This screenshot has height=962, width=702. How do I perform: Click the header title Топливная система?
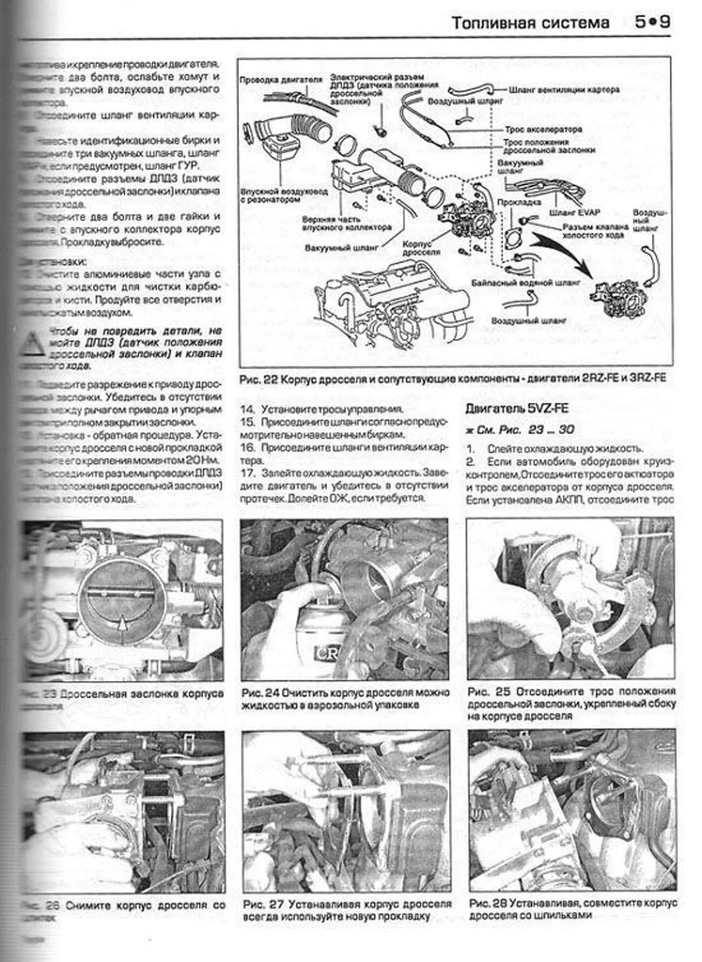pyautogui.click(x=530, y=23)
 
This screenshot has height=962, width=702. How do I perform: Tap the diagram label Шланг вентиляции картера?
pyautogui.click(x=564, y=90)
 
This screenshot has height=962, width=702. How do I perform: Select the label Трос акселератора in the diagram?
pyautogui.click(x=543, y=130)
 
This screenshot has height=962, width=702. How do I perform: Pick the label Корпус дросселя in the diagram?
pyautogui.click(x=422, y=248)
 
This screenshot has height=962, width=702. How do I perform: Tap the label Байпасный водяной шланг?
pyautogui.click(x=525, y=282)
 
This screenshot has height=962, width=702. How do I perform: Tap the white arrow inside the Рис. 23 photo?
pyautogui.click(x=124, y=625)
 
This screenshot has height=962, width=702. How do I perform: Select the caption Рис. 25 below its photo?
pyautogui.click(x=571, y=704)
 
